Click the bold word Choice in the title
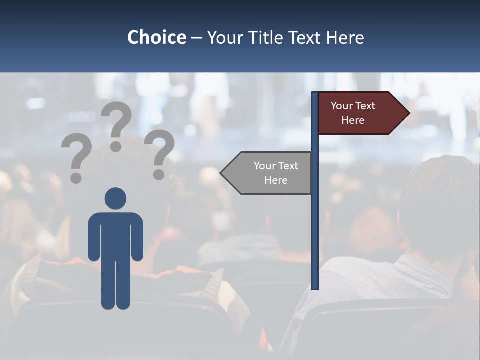(x=156, y=37)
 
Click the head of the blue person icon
(x=115, y=198)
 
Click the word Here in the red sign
(x=353, y=120)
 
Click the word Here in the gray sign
(x=276, y=180)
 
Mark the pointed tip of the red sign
(x=408, y=113)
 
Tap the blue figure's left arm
(x=94, y=237)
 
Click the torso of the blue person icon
(x=115, y=235)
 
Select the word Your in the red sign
(x=342, y=106)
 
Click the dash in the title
(x=196, y=38)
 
